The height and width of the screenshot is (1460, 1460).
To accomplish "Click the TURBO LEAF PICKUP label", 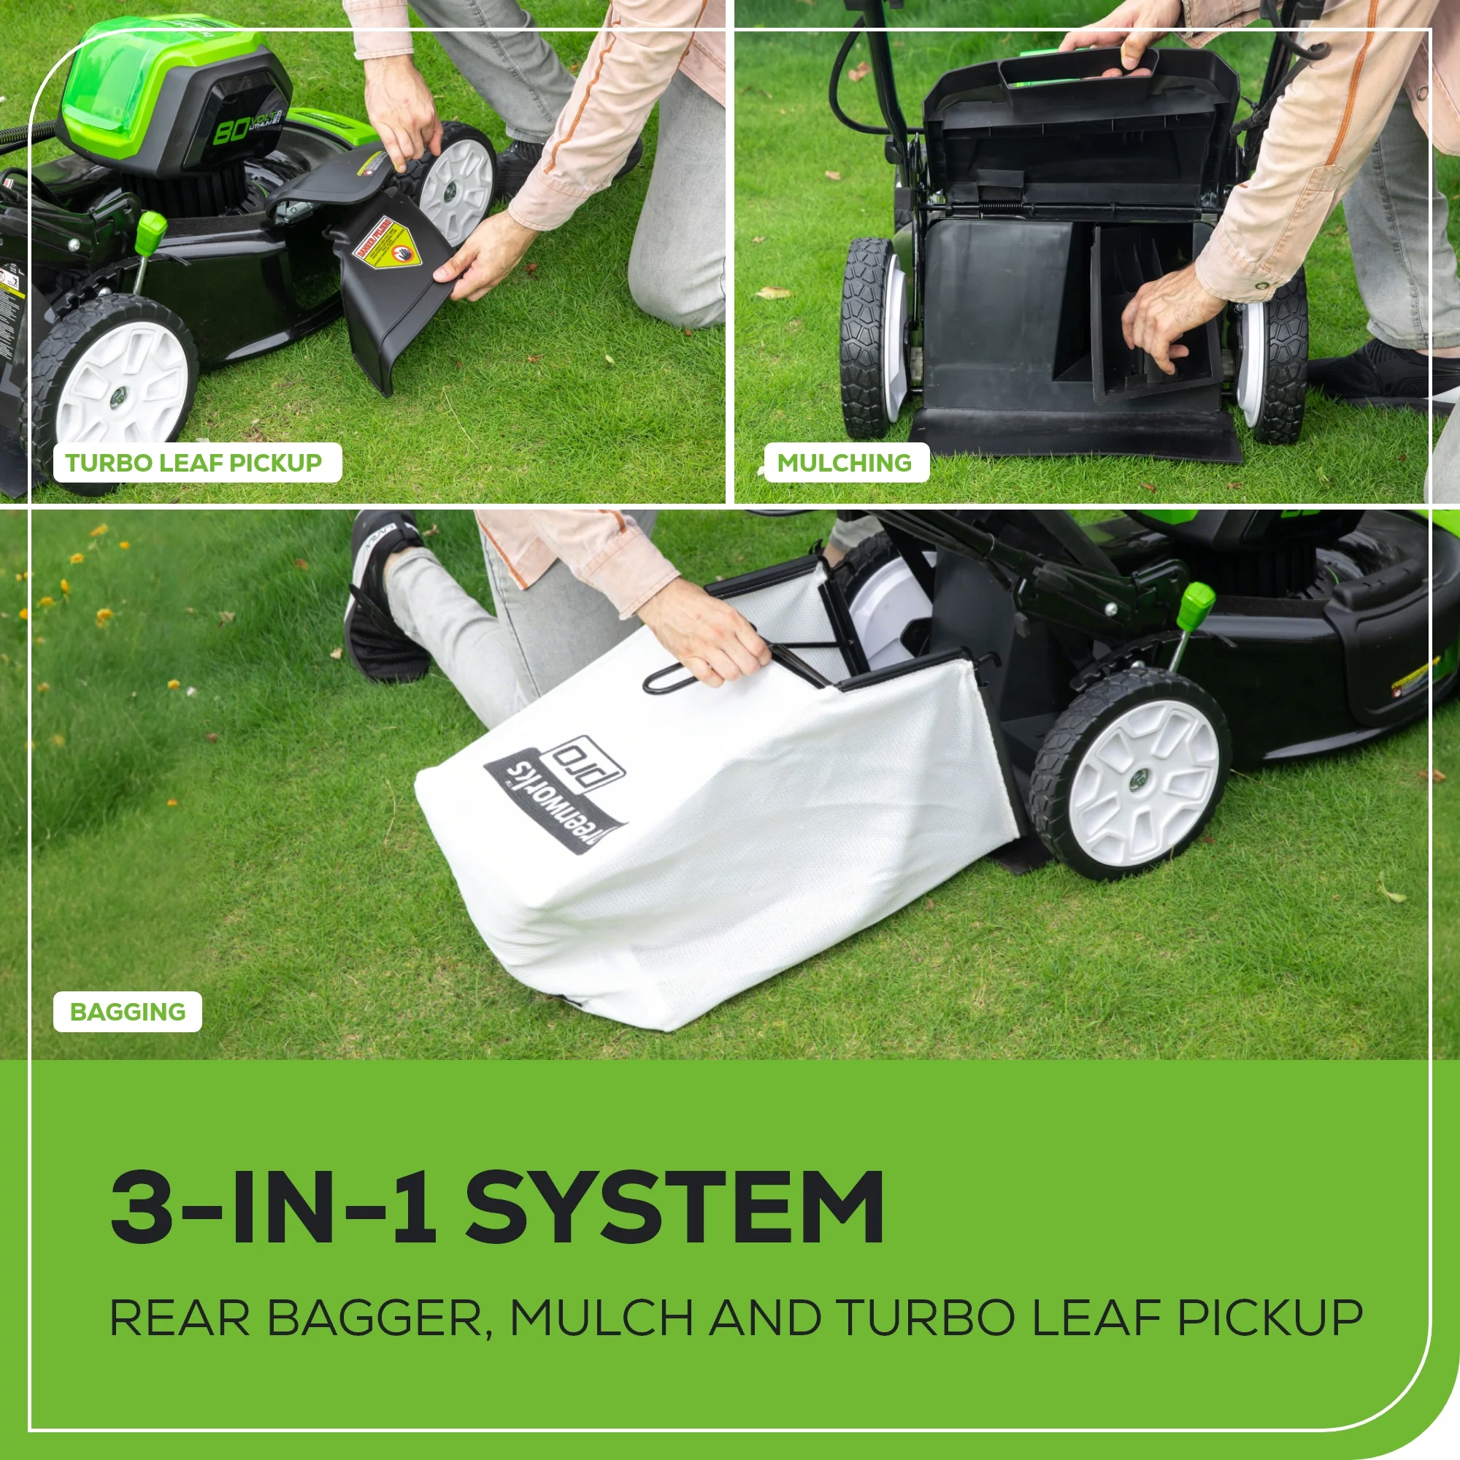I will [x=193, y=463].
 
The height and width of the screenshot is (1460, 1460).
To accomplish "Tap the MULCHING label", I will [x=844, y=463].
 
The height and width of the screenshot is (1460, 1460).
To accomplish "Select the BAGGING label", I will [x=127, y=1012].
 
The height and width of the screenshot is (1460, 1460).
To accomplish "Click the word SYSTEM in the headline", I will [x=674, y=1207].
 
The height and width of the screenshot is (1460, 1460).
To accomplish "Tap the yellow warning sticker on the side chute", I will [x=389, y=246].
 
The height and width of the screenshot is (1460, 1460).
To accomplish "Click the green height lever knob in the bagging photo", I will [x=1196, y=602].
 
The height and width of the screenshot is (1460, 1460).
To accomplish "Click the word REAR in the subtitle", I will [x=180, y=1318].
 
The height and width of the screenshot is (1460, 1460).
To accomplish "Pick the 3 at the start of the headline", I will [x=141, y=1207].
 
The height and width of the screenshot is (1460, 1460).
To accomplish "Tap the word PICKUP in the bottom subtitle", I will [x=1269, y=1318].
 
